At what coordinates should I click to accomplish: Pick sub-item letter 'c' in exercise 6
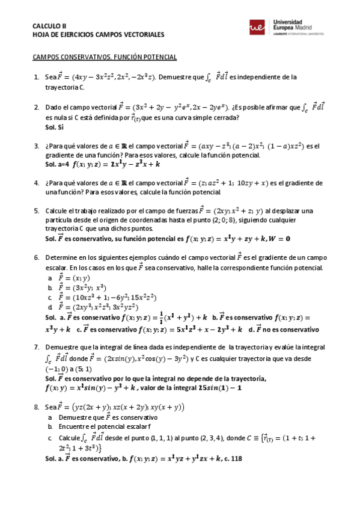click(50, 297)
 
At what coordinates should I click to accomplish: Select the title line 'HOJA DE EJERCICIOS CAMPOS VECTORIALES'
click(90, 35)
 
